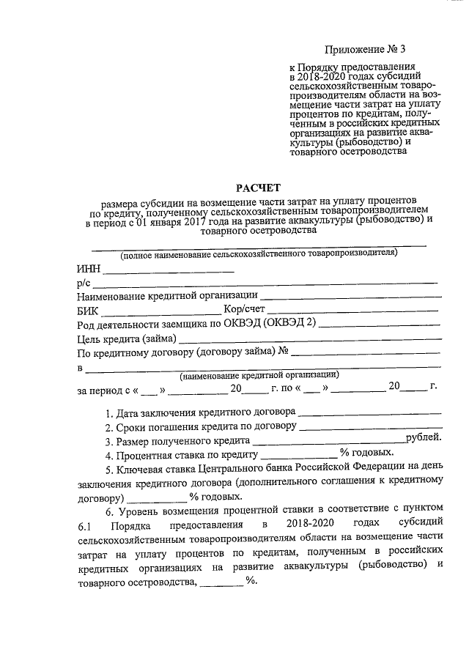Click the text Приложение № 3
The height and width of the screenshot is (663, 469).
point(364,50)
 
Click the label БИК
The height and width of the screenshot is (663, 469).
point(87,311)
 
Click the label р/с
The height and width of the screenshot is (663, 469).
point(83,283)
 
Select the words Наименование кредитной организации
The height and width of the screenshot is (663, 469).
point(167,296)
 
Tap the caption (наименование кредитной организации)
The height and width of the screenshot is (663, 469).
point(259,374)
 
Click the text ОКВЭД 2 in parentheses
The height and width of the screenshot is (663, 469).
point(289,325)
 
